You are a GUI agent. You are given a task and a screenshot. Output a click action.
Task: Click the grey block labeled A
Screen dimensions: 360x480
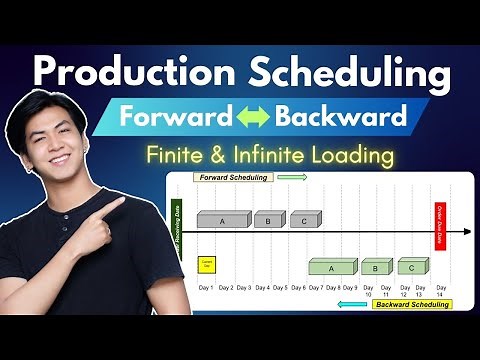click(221, 220)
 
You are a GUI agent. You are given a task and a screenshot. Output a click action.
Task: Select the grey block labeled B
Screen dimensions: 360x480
click(268, 220)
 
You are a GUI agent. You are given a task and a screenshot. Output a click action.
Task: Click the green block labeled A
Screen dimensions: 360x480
click(332, 267)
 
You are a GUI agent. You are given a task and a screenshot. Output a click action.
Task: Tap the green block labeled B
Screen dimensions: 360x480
click(376, 267)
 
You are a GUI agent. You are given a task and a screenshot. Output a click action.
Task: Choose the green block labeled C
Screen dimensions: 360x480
click(412, 266)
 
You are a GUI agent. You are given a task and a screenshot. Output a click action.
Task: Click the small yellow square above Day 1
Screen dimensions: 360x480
click(207, 264)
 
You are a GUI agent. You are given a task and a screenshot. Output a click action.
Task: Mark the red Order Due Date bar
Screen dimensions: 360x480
click(440, 225)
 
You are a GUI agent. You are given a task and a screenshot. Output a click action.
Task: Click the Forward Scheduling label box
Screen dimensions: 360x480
click(234, 177)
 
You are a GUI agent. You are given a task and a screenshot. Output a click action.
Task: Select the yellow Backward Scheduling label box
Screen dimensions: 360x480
click(410, 304)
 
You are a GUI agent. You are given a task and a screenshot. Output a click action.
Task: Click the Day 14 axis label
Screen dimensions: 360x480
click(440, 291)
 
